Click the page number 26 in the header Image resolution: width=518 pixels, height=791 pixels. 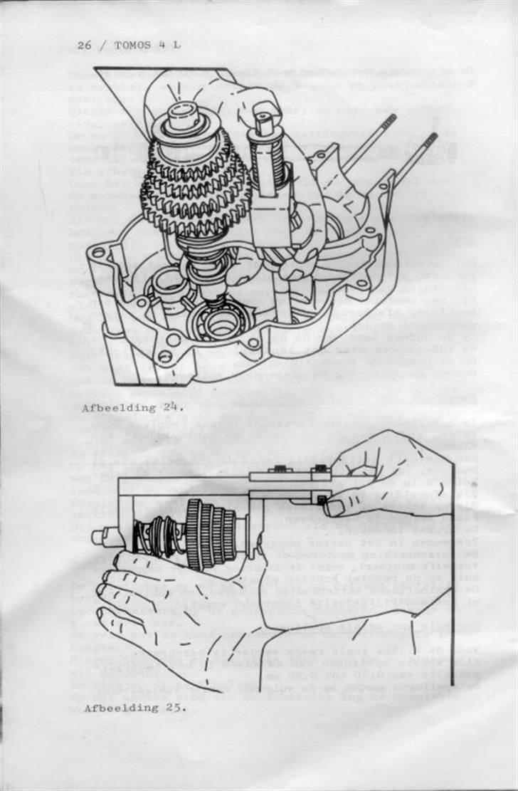click(x=85, y=46)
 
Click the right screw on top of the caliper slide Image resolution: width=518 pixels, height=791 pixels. click(x=320, y=468)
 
